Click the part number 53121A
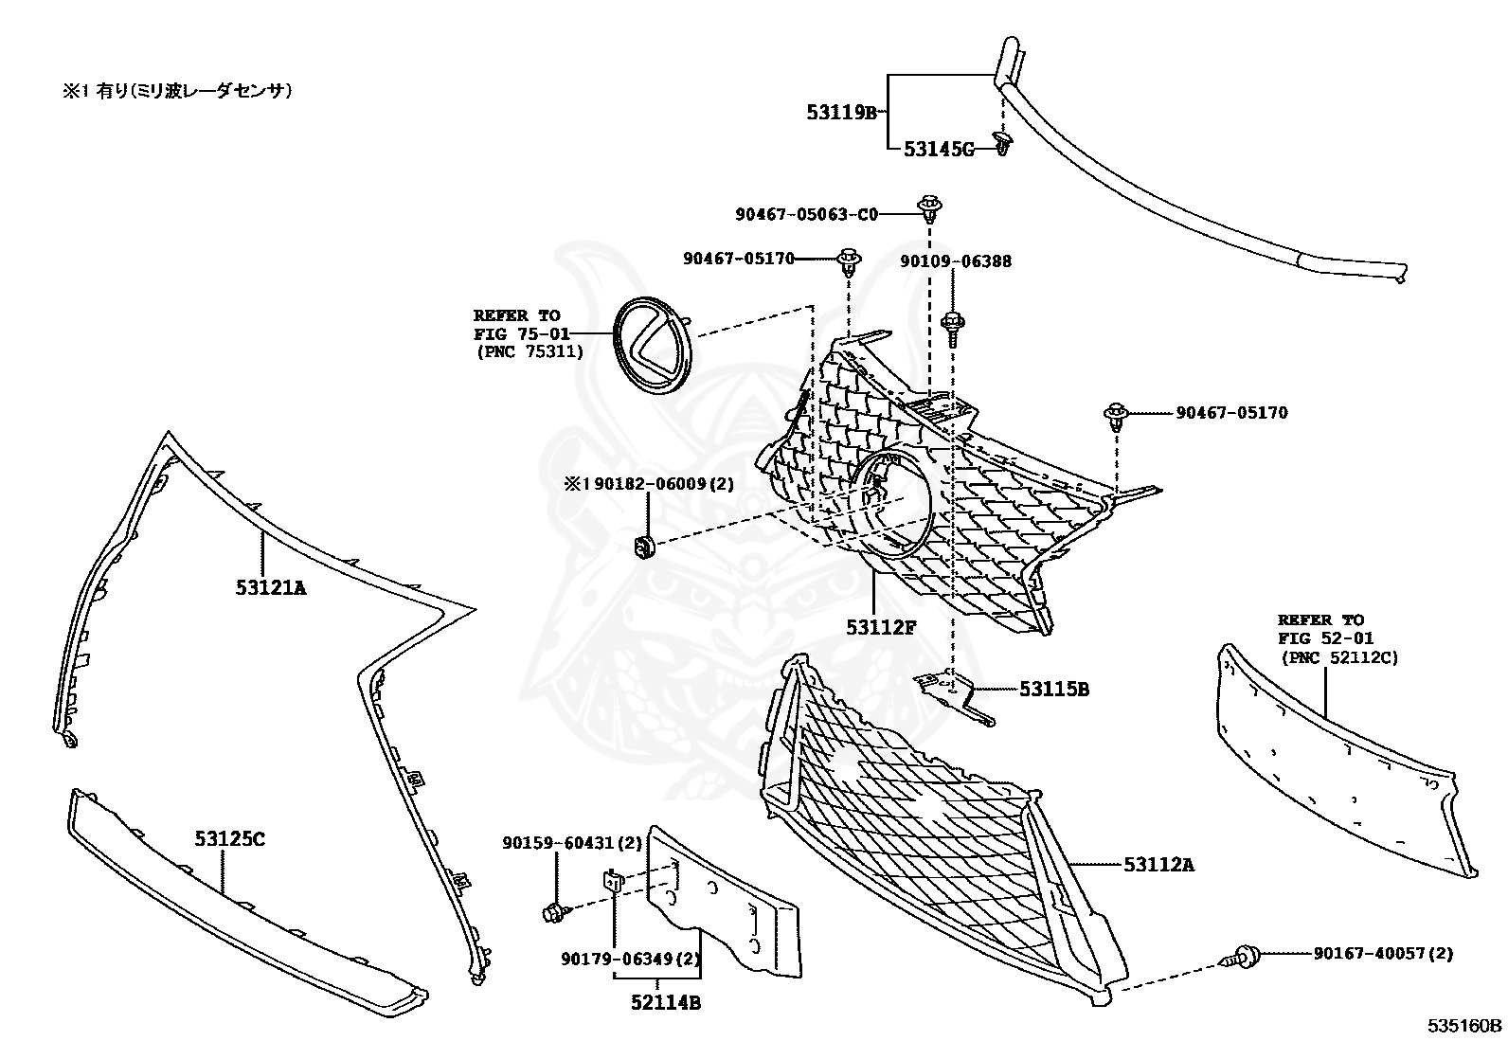pyautogui.click(x=271, y=587)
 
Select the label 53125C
pyautogui.click(x=230, y=838)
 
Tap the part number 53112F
pyautogui.click(x=881, y=626)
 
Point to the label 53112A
pyautogui.click(x=1159, y=864)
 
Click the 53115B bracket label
pyautogui.click(x=1054, y=690)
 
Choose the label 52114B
pyautogui.click(x=667, y=1002)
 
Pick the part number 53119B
pyautogui.click(x=842, y=113)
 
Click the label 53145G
pyautogui.click(x=938, y=149)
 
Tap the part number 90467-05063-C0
pyautogui.click(x=806, y=215)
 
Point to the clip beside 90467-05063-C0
pyautogui.click(x=930, y=206)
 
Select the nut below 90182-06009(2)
pyautogui.click(x=643, y=546)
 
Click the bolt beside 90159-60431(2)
pyautogui.click(x=552, y=913)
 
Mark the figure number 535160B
pyautogui.click(x=1465, y=1025)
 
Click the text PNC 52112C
pyautogui.click(x=1338, y=657)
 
